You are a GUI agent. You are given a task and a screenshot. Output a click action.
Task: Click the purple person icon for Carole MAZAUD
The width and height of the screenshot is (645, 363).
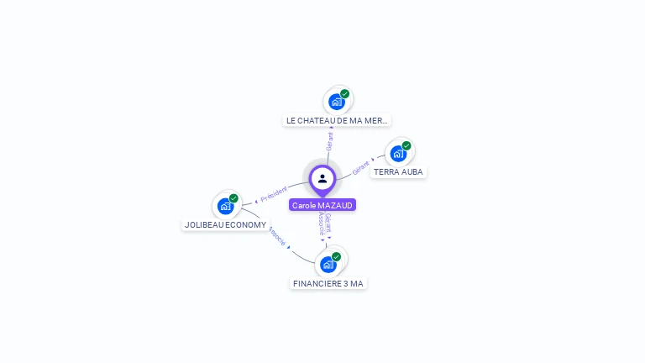(x=322, y=179)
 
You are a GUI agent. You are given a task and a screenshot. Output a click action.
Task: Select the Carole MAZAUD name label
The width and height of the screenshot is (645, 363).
(x=322, y=205)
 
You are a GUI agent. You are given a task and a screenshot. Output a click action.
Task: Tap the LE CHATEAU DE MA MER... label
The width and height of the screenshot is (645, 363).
(x=337, y=120)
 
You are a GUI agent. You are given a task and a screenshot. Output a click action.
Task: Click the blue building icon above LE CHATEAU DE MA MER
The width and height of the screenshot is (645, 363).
(x=337, y=103)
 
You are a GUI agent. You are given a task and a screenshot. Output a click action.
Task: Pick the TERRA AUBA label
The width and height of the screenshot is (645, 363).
(x=398, y=171)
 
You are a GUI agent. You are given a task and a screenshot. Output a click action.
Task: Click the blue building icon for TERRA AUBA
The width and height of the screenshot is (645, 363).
(x=398, y=154)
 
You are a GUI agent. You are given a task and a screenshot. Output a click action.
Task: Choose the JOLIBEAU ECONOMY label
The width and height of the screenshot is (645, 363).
(x=225, y=224)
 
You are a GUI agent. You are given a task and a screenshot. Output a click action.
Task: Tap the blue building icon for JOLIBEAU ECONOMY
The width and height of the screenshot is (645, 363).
(x=225, y=206)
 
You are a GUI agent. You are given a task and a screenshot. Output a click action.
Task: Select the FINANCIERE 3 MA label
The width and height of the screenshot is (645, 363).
(x=328, y=283)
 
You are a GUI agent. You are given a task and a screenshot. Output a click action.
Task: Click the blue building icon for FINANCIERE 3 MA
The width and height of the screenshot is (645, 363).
(x=328, y=265)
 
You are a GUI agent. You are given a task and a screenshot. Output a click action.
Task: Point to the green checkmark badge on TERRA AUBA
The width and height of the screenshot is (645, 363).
(x=406, y=145)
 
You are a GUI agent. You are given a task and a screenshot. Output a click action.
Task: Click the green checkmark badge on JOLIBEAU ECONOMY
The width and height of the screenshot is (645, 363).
(x=233, y=198)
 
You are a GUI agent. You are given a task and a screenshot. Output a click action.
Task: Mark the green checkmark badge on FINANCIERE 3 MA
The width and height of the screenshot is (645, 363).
(x=337, y=256)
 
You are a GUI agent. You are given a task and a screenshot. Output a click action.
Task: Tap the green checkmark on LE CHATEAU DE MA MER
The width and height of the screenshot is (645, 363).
(x=345, y=94)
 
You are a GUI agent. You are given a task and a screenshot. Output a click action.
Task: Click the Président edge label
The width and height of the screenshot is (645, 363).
(x=274, y=194)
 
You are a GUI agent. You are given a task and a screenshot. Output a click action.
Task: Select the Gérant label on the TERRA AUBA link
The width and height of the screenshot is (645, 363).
(x=361, y=166)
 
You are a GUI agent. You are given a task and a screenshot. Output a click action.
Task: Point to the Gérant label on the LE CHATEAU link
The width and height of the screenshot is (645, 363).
(x=330, y=141)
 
